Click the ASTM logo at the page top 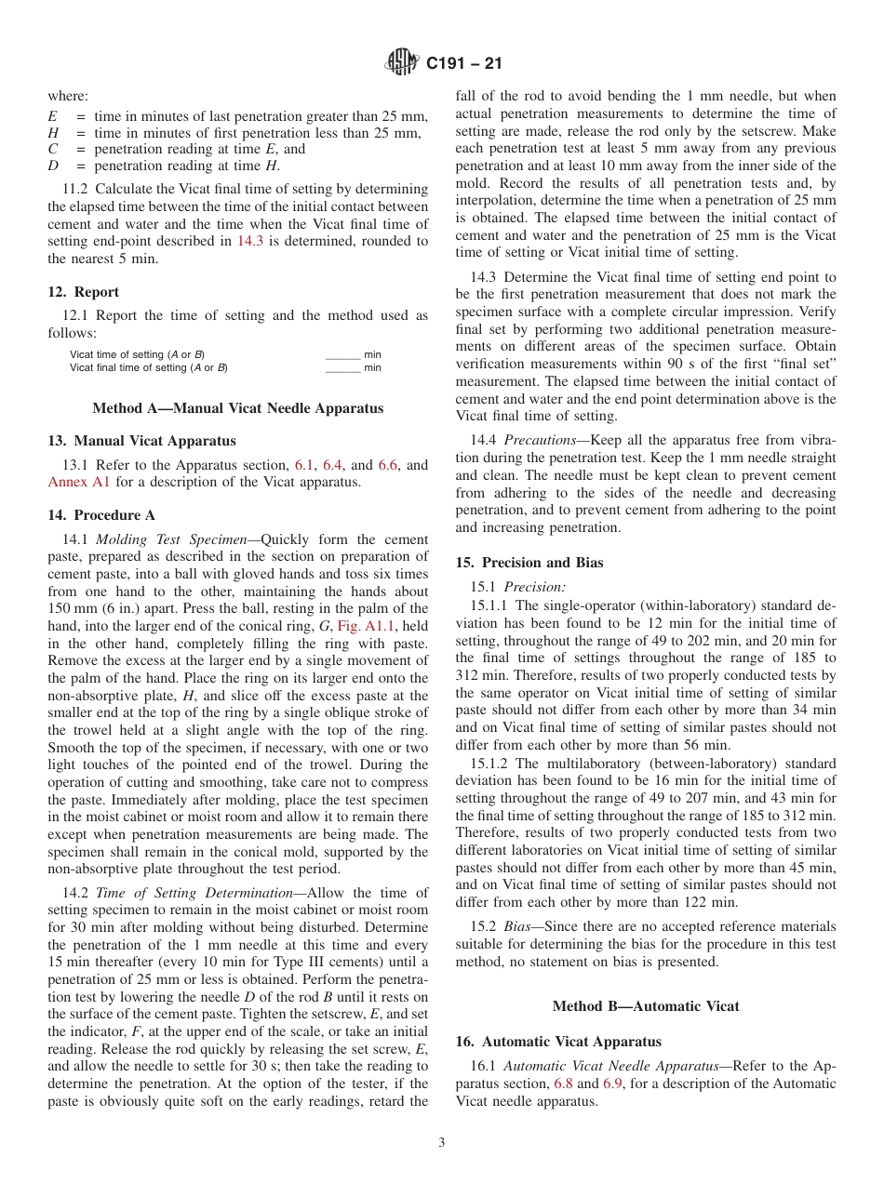(x=402, y=63)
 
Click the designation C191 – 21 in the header (x=463, y=64)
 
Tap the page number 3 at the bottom (x=442, y=1143)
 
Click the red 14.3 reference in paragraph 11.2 (x=251, y=241)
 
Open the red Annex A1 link (x=79, y=482)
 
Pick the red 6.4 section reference (x=333, y=465)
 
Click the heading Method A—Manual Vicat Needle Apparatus (x=237, y=408)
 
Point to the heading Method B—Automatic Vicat (x=646, y=1006)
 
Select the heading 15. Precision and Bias (x=529, y=563)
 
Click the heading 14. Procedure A (x=101, y=515)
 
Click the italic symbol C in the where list (x=53, y=149)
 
